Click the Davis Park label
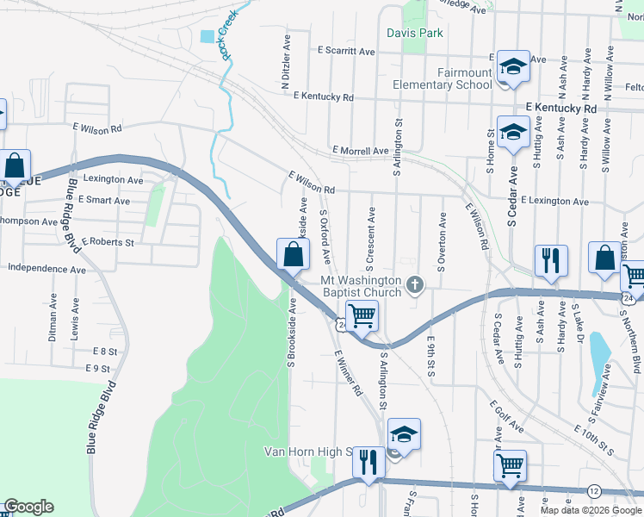[x=415, y=33]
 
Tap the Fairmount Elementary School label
[x=442, y=78]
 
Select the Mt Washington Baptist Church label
[x=361, y=286]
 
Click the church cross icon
[x=416, y=284]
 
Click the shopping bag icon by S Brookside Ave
[x=293, y=254]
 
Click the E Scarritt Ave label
[x=346, y=52]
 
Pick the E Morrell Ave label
[x=359, y=151]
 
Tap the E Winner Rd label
[x=348, y=372]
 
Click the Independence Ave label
[x=46, y=269]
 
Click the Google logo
[x=28, y=507]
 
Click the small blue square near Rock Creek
[x=207, y=37]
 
